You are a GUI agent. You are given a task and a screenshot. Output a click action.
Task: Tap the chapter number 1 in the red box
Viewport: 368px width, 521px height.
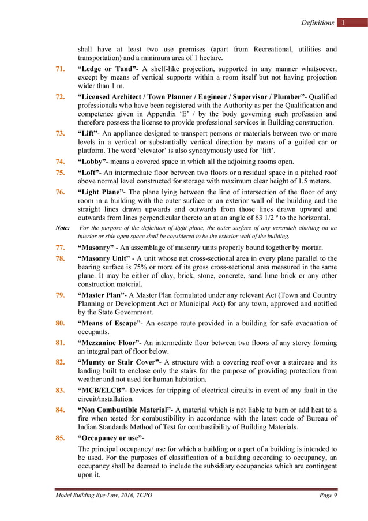343,23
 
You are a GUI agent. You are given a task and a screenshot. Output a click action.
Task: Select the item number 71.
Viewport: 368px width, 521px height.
60,70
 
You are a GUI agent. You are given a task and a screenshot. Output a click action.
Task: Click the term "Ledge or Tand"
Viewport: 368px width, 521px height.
106,70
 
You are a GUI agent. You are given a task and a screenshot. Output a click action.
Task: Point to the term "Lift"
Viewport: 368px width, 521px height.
90,133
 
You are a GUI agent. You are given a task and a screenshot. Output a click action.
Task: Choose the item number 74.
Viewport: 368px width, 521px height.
60,161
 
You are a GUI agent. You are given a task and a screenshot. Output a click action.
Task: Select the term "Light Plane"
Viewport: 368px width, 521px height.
102,192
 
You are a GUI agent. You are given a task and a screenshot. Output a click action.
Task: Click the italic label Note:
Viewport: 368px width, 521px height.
62,228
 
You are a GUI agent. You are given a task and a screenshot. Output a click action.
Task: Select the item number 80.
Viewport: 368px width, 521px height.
60,323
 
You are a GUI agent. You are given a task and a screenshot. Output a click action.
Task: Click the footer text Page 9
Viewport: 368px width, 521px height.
327,496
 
